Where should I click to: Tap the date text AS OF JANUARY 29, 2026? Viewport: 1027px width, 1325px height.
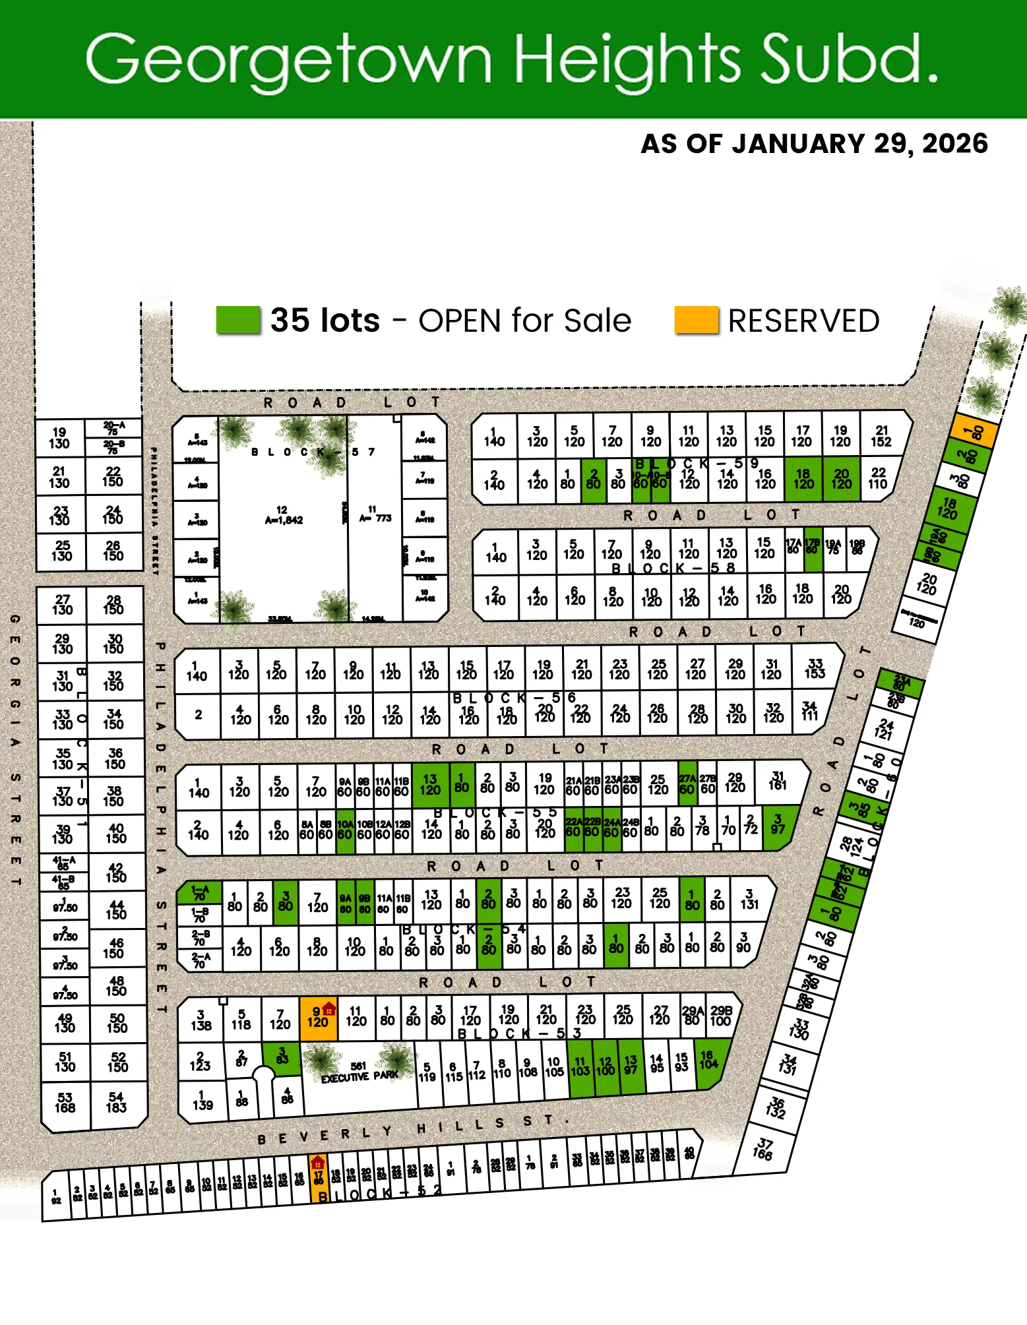click(814, 144)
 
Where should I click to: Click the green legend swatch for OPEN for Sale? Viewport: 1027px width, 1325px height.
click(238, 321)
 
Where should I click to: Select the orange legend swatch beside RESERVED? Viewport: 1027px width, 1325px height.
click(696, 321)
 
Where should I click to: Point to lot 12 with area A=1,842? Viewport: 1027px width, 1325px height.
click(284, 515)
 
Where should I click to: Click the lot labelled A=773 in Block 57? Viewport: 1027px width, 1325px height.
click(375, 514)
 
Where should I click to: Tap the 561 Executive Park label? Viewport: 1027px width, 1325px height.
click(359, 1072)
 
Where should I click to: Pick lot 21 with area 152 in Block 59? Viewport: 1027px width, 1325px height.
click(881, 436)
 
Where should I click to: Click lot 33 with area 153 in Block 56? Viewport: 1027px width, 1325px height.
click(815, 669)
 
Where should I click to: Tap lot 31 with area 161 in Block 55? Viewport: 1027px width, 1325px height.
click(778, 781)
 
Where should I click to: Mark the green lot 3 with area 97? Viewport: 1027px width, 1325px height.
click(778, 824)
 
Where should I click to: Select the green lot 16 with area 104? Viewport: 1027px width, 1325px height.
click(708, 1060)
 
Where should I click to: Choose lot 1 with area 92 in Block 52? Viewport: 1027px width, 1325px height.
click(56, 1196)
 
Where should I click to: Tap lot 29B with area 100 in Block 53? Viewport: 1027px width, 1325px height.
click(720, 1016)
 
